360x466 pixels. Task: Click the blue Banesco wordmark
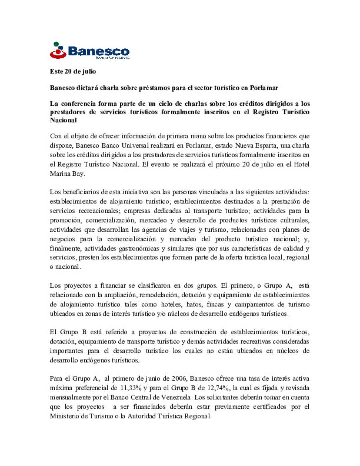[x=99, y=51]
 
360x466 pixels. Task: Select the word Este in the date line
[x=56, y=71]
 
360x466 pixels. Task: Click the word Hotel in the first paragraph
[x=301, y=164]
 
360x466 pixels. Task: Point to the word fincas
[x=215, y=304]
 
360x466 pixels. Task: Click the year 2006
[x=179, y=378]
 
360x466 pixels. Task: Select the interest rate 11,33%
[x=131, y=388]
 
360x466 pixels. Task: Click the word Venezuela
[x=176, y=397]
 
